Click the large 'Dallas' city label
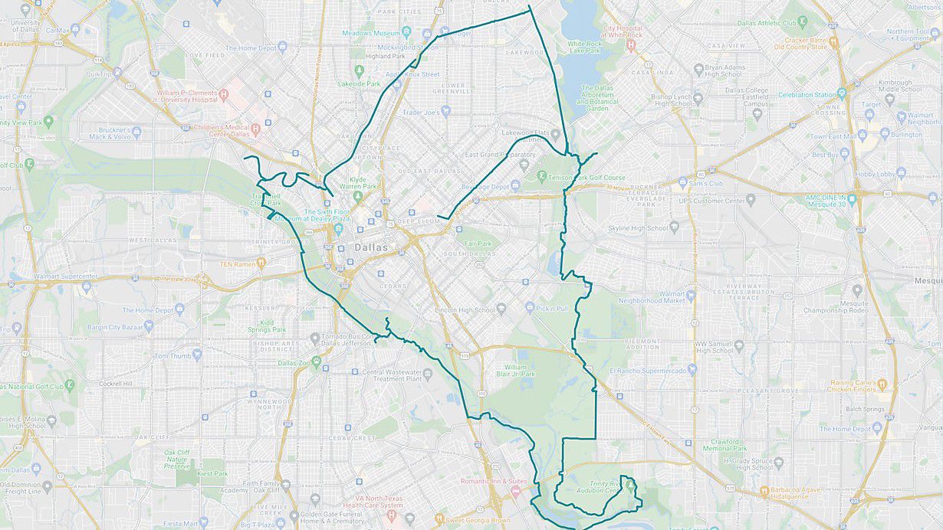[371, 248]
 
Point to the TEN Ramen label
[237, 263]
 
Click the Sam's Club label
[705, 184]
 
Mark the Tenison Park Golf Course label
[587, 178]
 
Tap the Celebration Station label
[807, 95]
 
